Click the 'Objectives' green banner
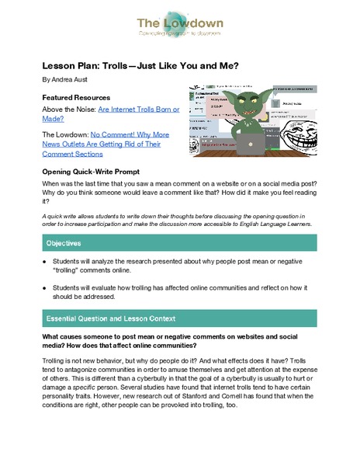coord(180,242)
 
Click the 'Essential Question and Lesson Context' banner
coord(180,318)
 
